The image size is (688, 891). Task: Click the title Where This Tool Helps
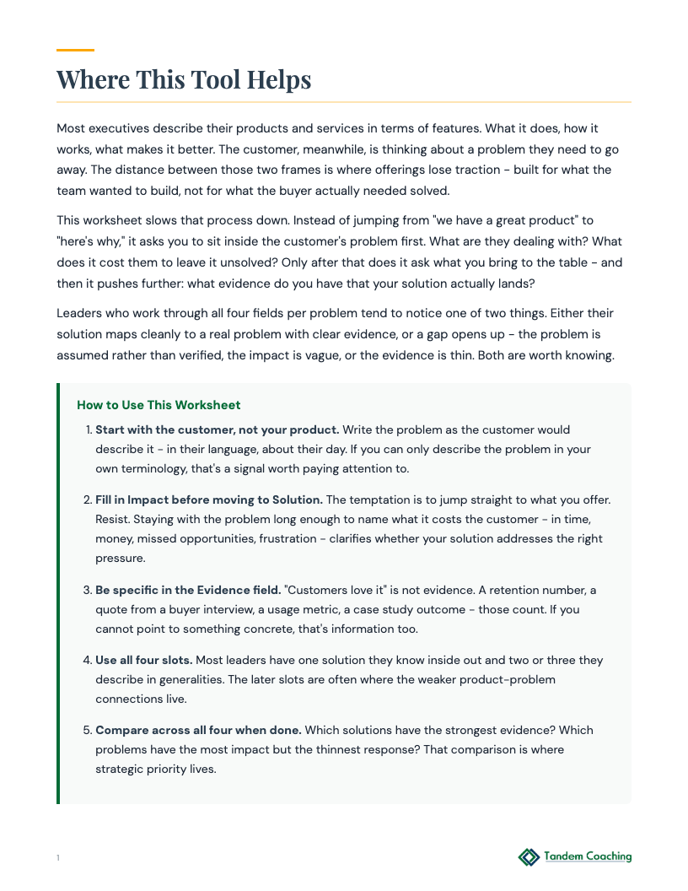[184, 79]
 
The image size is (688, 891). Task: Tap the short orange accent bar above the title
[75, 51]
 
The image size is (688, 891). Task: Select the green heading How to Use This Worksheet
[159, 405]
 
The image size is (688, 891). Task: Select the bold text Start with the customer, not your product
[217, 429]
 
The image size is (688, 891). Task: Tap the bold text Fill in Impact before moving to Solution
[208, 499]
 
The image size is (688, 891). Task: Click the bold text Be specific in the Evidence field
[188, 590]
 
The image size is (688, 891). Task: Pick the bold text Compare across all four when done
[199, 730]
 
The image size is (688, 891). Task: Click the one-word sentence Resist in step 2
[114, 519]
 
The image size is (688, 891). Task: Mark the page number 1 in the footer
[58, 858]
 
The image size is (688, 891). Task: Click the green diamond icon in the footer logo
[529, 857]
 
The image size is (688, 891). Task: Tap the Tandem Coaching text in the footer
[588, 856]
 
